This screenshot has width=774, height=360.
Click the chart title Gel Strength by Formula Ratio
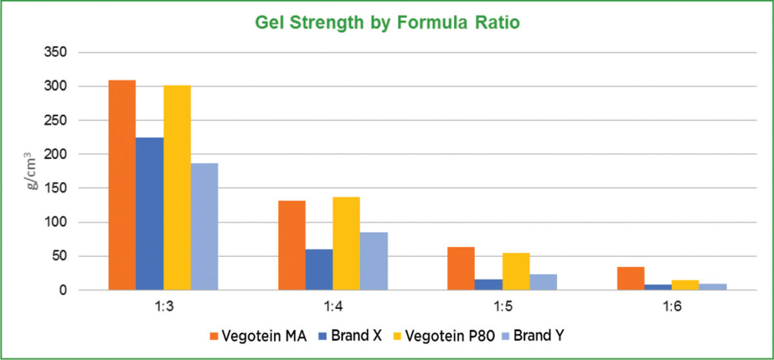click(x=387, y=23)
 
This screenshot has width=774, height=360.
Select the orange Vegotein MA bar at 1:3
click(x=122, y=185)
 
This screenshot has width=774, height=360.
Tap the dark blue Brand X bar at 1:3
click(x=150, y=214)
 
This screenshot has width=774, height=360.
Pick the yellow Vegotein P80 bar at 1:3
click(x=177, y=188)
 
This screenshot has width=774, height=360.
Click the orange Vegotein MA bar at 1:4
click(x=292, y=245)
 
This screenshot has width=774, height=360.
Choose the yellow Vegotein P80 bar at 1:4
click(x=346, y=243)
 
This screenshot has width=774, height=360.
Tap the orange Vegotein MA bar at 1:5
click(x=461, y=268)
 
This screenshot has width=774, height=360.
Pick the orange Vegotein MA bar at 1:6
click(x=631, y=279)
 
